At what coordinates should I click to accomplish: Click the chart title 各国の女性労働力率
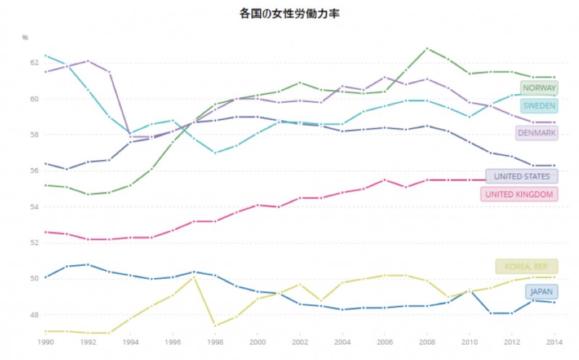[x=289, y=13]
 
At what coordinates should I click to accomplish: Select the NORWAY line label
[x=539, y=88]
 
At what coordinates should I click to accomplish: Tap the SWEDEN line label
[x=539, y=106]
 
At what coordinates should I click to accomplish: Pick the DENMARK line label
[x=536, y=133]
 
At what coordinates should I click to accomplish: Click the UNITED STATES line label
[x=522, y=176]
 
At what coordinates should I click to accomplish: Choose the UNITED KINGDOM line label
[x=519, y=194]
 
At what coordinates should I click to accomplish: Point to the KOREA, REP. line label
[x=527, y=267]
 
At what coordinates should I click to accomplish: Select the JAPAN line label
[x=542, y=292]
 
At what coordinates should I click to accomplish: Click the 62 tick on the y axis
[x=33, y=63]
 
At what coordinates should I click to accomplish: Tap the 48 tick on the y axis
[x=33, y=315]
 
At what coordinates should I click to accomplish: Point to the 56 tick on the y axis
[x=33, y=171]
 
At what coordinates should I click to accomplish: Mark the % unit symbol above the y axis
[x=25, y=36]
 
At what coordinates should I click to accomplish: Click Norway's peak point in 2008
[x=427, y=49]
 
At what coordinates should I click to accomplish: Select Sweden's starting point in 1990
[x=45, y=55]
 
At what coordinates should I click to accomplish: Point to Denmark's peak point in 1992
[x=88, y=61]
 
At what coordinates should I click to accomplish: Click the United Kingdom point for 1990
[x=45, y=232]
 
